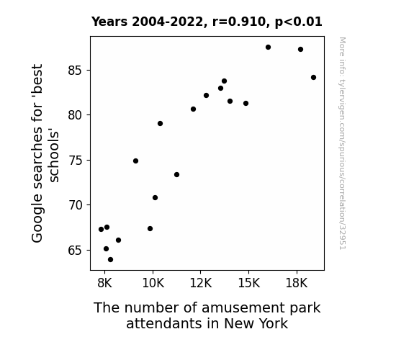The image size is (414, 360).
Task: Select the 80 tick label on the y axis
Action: (76, 115)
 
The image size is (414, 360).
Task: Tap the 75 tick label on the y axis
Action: (76, 161)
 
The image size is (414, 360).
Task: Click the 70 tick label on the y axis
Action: (76, 205)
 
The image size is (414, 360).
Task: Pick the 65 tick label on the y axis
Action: (76, 250)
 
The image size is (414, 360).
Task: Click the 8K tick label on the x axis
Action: (105, 283)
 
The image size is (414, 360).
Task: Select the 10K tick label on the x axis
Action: (153, 283)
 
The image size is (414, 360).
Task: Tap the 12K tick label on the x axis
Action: (201, 283)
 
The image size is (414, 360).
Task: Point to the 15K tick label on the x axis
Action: (248, 283)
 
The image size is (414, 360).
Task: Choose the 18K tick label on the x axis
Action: (297, 283)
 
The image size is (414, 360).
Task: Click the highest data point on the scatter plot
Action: (269, 48)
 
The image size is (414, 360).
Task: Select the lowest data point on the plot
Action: (111, 260)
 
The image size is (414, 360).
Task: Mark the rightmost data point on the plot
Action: (314, 77)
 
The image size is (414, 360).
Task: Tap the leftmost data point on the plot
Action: (101, 229)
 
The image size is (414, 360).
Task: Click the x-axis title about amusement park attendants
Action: (207, 315)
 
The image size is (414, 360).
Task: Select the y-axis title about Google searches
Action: (45, 153)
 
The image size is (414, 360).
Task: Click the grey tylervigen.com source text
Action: (343, 143)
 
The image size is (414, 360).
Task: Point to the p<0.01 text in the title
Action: (299, 22)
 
